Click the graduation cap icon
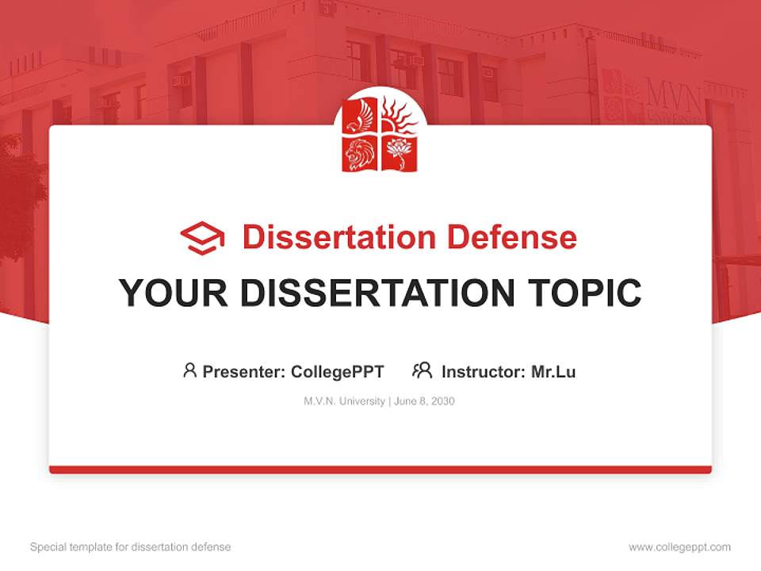click(x=202, y=237)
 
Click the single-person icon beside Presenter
click(x=189, y=370)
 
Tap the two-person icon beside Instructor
click(x=423, y=370)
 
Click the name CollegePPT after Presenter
click(x=338, y=371)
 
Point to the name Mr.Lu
click(x=553, y=371)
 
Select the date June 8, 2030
click(x=424, y=401)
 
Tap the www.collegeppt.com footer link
click(x=679, y=547)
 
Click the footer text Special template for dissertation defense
click(x=130, y=547)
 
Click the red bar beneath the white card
click(x=380, y=469)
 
